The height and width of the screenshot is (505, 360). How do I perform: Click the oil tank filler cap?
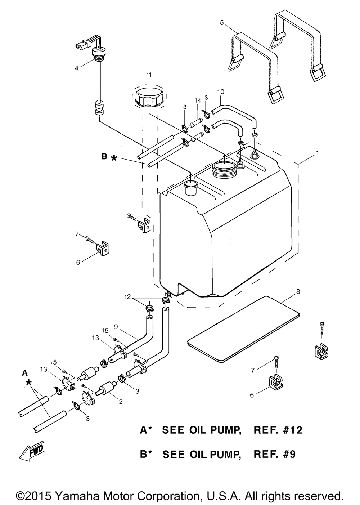pyautogui.click(x=149, y=97)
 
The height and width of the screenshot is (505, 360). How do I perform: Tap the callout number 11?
pyautogui.click(x=149, y=75)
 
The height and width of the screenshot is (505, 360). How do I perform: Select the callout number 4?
pyautogui.click(x=77, y=68)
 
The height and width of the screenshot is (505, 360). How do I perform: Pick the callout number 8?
pyautogui.click(x=298, y=291)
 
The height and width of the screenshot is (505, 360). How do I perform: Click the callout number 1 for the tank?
pyautogui.click(x=317, y=153)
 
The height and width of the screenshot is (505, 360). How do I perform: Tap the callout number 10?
pyautogui.click(x=221, y=92)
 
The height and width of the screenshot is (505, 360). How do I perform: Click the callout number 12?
pyautogui.click(x=127, y=297)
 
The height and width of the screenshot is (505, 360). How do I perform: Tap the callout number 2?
pyautogui.click(x=121, y=401)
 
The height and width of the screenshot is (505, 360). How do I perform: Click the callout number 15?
pyautogui.click(x=105, y=331)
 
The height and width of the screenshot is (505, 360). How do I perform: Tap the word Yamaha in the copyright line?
pyautogui.click(x=74, y=496)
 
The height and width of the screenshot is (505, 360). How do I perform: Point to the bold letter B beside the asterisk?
pyautogui.click(x=104, y=156)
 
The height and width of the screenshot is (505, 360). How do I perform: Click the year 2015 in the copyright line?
pyautogui.click(x=39, y=496)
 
